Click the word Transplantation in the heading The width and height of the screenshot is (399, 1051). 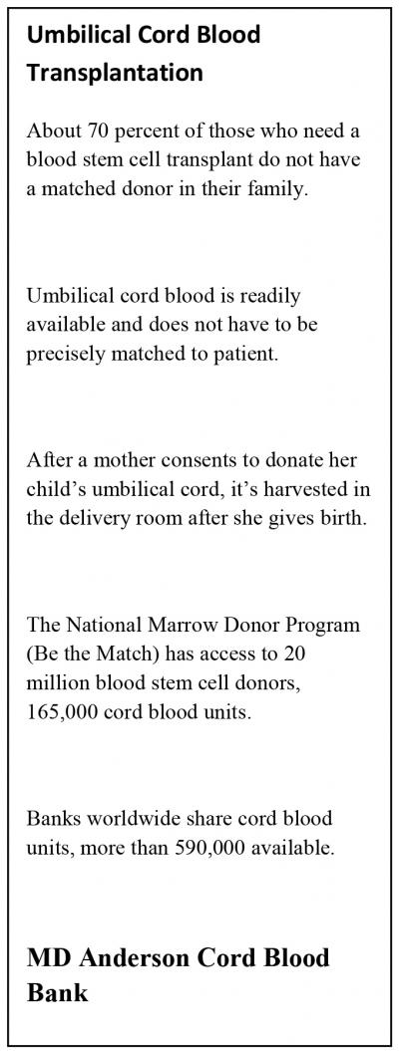[115, 73]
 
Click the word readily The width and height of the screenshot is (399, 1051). [267, 296]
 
